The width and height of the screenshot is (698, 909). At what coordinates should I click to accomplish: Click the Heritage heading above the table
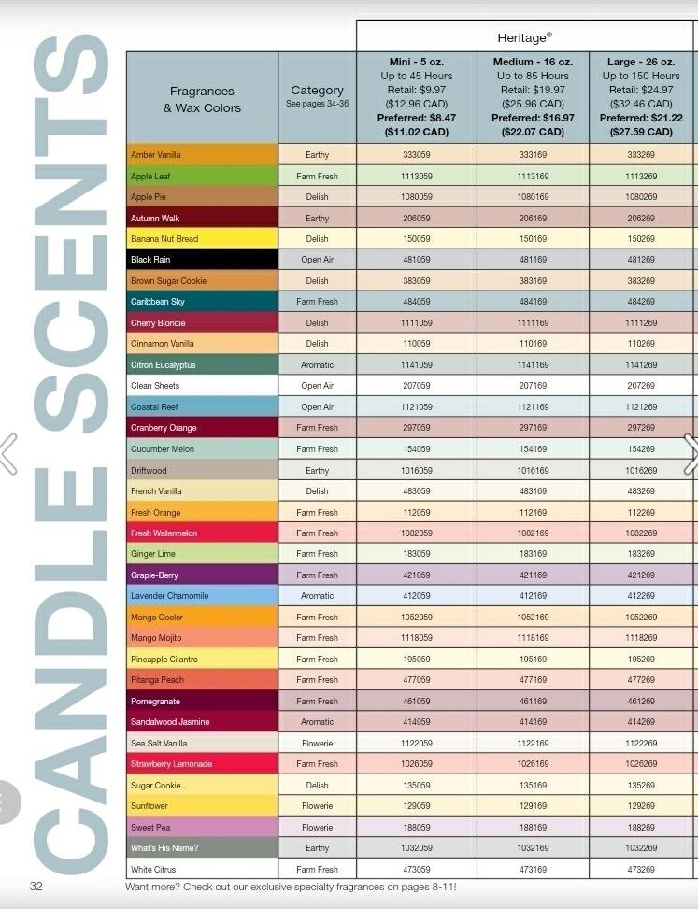click(x=524, y=37)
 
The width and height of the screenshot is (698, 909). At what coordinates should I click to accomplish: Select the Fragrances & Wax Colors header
click(x=202, y=99)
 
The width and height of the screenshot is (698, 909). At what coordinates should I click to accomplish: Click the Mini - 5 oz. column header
click(x=416, y=62)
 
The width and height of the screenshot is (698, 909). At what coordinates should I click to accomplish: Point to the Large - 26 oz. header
click(x=641, y=62)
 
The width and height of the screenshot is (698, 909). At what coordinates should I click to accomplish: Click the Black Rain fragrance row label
click(x=150, y=259)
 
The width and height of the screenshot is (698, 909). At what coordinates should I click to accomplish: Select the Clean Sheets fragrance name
click(x=155, y=386)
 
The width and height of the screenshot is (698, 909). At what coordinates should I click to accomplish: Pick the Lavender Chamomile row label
click(x=169, y=595)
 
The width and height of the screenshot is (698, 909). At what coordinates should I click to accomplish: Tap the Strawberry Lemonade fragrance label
click(x=171, y=763)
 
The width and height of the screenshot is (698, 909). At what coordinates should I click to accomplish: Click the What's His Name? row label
click(x=164, y=847)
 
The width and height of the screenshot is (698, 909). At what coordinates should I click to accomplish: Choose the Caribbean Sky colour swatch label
click(x=158, y=302)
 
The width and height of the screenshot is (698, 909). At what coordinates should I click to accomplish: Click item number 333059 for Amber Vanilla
click(x=416, y=155)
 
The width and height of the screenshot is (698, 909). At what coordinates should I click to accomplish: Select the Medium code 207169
click(x=533, y=386)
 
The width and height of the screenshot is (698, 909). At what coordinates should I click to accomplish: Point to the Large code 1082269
click(x=641, y=533)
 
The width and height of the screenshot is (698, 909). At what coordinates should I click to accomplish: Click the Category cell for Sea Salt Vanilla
click(x=317, y=744)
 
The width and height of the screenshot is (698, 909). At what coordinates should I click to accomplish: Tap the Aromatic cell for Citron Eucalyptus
click(x=317, y=364)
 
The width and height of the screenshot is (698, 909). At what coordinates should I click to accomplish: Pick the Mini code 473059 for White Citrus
click(x=416, y=869)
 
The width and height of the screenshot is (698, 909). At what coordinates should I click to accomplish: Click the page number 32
click(x=36, y=886)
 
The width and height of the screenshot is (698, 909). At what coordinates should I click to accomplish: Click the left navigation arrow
click(x=8, y=453)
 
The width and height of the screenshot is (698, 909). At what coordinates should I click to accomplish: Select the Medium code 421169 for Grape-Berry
click(x=533, y=575)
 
